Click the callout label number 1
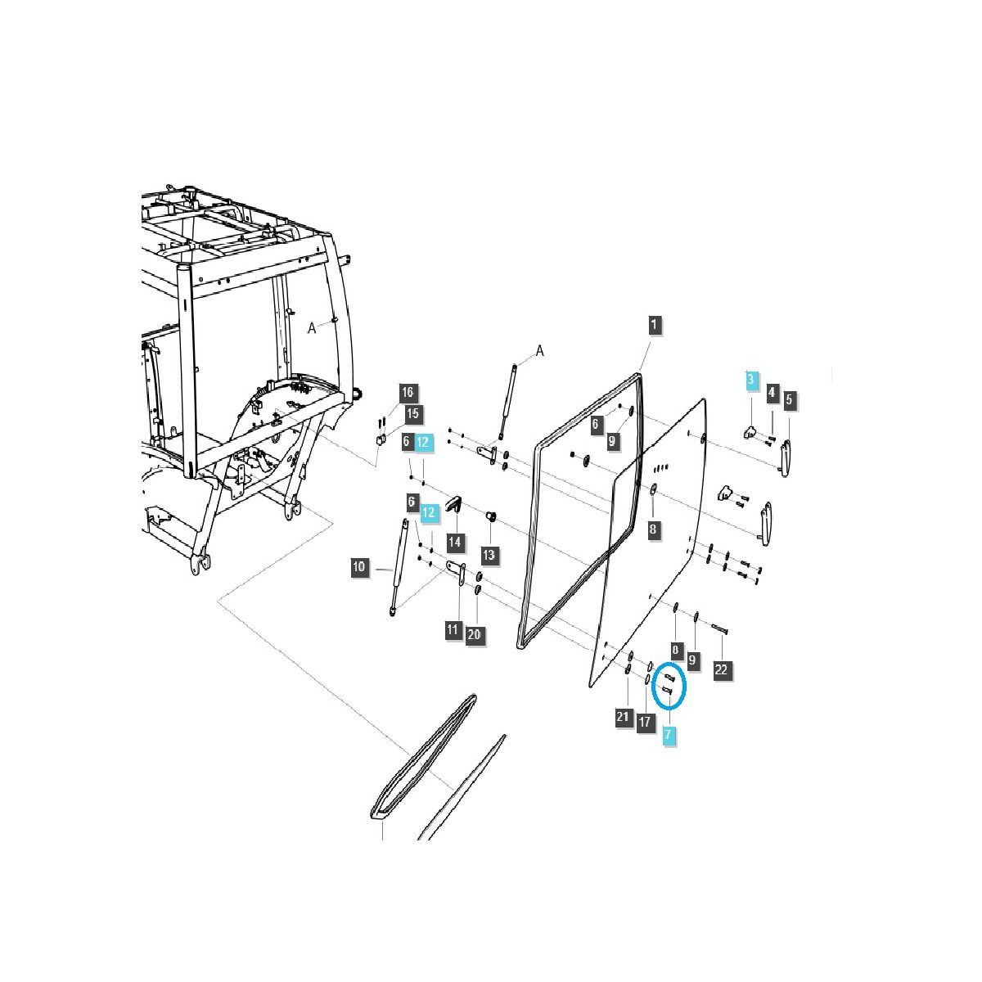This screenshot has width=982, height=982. pyautogui.click(x=655, y=324)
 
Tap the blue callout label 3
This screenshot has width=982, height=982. pyautogui.click(x=750, y=380)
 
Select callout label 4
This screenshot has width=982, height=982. pyautogui.click(x=772, y=392)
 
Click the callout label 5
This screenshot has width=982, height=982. pyautogui.click(x=789, y=399)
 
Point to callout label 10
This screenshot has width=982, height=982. pyautogui.click(x=359, y=566)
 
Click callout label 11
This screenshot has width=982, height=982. pyautogui.click(x=453, y=629)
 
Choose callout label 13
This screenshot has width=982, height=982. pyautogui.click(x=489, y=554)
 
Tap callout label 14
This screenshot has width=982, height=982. pyautogui.click(x=454, y=541)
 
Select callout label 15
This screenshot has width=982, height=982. pyautogui.click(x=412, y=413)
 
